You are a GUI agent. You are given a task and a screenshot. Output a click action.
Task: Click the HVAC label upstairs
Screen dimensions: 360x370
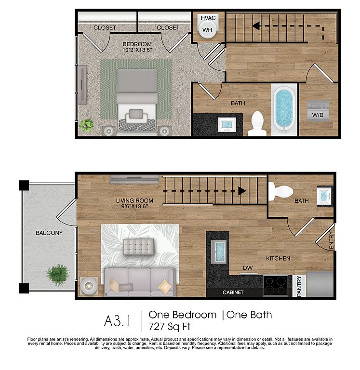pyautogui.click(x=208, y=18)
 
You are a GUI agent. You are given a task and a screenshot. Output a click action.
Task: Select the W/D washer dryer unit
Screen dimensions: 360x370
pyautogui.click(x=318, y=111)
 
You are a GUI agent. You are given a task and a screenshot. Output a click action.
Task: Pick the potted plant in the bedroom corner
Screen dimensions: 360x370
pyautogui.click(x=86, y=125)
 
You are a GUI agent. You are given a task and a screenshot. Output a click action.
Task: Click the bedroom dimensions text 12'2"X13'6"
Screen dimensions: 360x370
pyautogui.click(x=137, y=50)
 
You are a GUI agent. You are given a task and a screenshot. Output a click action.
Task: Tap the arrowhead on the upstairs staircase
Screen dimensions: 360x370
pyautogui.click(x=256, y=26)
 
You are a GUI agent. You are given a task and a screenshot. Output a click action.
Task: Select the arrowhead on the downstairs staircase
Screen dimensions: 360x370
pyautogui.click(x=242, y=191)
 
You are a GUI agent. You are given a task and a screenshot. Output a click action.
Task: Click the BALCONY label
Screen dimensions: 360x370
pyautogui.click(x=49, y=233)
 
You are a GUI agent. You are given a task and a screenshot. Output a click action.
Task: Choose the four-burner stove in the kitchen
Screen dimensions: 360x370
pyautogui.click(x=276, y=286)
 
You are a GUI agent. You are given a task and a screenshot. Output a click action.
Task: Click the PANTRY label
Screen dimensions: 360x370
pyautogui.click(x=299, y=286)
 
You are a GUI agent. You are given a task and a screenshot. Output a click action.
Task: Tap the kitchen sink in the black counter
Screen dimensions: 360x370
pyautogui.click(x=219, y=252)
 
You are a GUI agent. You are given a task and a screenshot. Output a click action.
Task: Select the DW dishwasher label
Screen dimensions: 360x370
pyautogui.click(x=248, y=268)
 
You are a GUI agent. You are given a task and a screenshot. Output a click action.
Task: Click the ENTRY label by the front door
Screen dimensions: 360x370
pyautogui.click(x=332, y=240)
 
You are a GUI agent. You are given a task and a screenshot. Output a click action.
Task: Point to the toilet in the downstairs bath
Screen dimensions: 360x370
pyautogui.click(x=280, y=191)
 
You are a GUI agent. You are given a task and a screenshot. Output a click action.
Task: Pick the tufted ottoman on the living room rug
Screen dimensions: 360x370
pyautogui.click(x=139, y=247)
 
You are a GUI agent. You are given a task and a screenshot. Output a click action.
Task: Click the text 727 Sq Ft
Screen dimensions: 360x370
pyautogui.click(x=169, y=327)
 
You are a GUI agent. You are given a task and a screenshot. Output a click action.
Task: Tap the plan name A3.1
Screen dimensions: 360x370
pyautogui.click(x=117, y=321)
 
